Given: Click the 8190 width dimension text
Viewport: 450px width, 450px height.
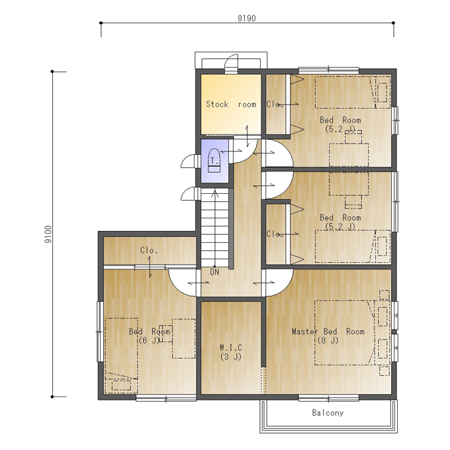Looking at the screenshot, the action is click(x=247, y=19).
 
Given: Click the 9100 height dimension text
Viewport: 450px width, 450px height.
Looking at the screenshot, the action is click(x=48, y=234).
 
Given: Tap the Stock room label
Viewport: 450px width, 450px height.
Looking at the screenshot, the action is click(x=231, y=104).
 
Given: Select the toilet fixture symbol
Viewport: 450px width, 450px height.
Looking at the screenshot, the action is click(x=214, y=160).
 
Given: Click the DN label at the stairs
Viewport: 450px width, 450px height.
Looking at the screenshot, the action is click(x=214, y=272).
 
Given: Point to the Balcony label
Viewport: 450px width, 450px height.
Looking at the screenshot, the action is click(x=328, y=413).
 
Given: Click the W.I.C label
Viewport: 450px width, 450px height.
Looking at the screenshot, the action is click(x=231, y=347).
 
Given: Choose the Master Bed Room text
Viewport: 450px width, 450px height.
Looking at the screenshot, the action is click(x=328, y=332).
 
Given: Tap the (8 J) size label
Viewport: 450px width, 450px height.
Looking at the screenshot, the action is click(x=328, y=341).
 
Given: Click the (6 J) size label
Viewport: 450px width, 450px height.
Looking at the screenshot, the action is click(x=149, y=341).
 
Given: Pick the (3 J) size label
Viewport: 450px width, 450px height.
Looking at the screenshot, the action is click(x=231, y=357).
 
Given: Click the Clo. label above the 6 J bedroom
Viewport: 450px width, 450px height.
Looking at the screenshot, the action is click(x=149, y=250).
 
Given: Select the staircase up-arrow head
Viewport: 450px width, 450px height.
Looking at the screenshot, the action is click(x=214, y=193).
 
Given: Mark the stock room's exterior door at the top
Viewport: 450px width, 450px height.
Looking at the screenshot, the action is click(x=232, y=64).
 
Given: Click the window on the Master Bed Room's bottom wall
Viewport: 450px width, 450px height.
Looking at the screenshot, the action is click(x=328, y=398).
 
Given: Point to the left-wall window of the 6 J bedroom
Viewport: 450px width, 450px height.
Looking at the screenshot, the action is click(x=99, y=332).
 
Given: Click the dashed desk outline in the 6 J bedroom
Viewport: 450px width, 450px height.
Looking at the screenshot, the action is click(x=184, y=339).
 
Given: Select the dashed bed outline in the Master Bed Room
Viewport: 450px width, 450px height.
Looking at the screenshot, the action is click(x=344, y=333).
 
